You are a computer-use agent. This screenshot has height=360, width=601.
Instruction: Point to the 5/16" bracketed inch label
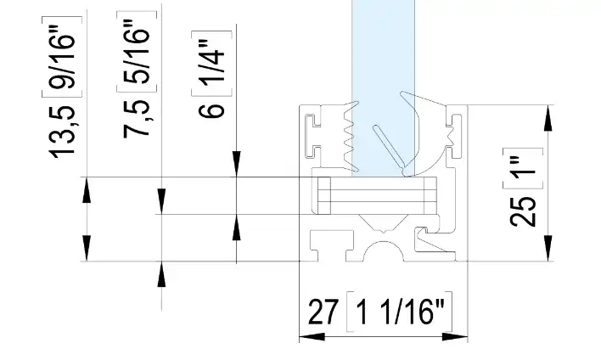[137, 52]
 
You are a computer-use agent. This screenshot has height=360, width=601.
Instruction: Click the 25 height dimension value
[523, 211]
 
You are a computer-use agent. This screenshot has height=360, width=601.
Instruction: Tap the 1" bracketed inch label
[523, 168]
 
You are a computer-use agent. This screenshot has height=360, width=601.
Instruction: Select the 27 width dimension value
[323, 312]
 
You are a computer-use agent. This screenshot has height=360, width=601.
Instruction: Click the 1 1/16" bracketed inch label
[399, 312]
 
